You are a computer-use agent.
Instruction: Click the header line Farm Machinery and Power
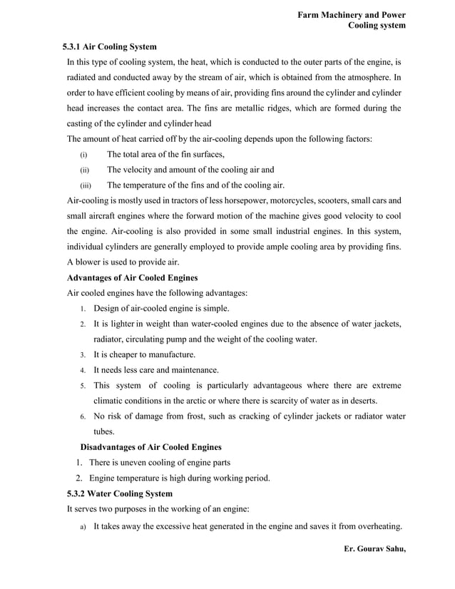352,14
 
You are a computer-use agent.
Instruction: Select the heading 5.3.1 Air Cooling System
111,46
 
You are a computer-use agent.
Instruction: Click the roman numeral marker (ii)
84,170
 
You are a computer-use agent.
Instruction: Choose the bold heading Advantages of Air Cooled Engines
132,277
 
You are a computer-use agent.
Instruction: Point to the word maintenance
195,370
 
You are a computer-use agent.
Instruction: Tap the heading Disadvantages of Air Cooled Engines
150,447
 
